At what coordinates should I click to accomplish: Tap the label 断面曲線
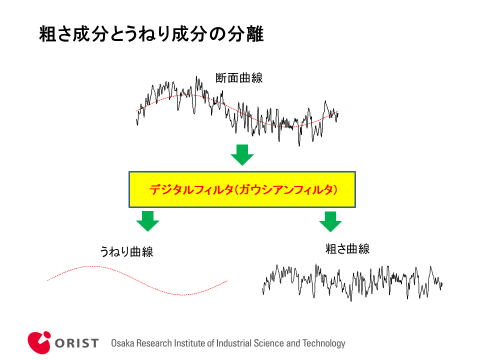239,78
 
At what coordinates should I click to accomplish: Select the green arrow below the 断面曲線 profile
241,154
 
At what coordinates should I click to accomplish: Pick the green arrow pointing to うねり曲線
149,220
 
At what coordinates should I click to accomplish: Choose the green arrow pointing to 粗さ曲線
330,220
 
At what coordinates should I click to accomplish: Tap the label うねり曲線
126,250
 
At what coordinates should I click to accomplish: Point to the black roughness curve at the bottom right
350,281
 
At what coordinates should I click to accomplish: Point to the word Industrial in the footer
226,342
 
